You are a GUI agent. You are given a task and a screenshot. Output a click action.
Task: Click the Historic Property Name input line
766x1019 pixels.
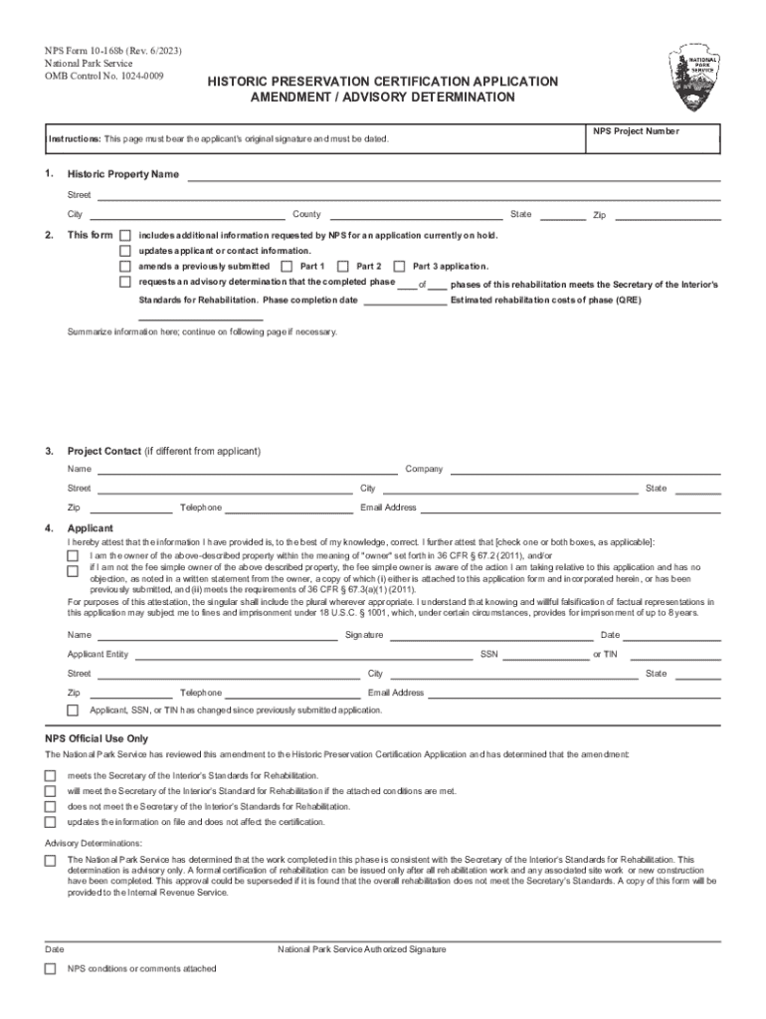(454, 175)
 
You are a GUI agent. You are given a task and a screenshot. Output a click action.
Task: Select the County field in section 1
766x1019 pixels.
(415, 214)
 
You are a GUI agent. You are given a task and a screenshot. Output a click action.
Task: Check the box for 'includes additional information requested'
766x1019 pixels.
(125, 236)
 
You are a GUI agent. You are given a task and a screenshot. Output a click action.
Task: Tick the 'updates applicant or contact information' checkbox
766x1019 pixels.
(125, 251)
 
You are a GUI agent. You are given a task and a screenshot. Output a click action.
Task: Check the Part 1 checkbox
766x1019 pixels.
(287, 267)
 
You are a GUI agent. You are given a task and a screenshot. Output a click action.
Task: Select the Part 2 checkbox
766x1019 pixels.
(343, 267)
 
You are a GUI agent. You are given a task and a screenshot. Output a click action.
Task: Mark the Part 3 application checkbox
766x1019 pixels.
(400, 267)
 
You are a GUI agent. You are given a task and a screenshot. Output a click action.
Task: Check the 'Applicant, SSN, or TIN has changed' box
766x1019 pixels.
(73, 711)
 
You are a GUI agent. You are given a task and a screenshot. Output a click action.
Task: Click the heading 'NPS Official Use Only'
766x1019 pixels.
(96, 738)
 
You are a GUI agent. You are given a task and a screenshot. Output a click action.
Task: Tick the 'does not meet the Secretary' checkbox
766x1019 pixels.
(50, 807)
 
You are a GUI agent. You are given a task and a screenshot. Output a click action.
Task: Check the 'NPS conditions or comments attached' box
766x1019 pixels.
(50, 969)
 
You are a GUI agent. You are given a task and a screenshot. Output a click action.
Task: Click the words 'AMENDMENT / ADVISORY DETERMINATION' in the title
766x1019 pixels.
(383, 98)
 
